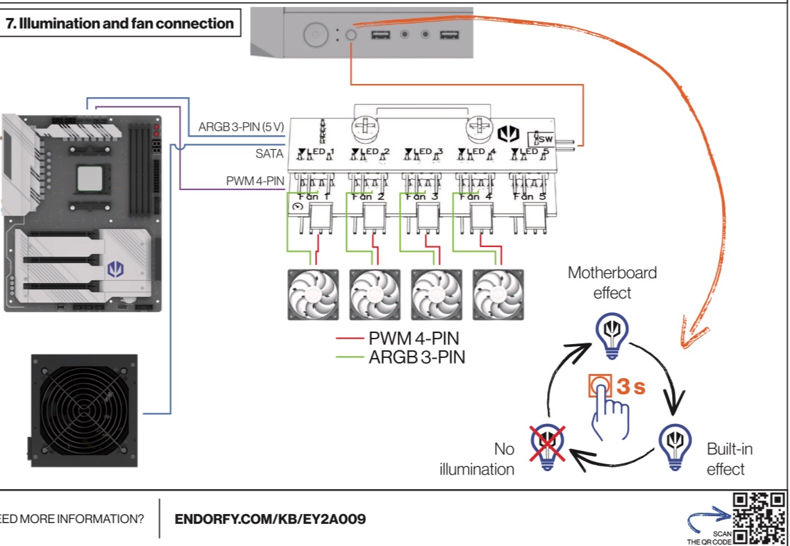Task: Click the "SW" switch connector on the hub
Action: click(x=545, y=139)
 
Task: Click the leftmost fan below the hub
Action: click(x=313, y=294)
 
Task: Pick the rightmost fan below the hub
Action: click(x=498, y=294)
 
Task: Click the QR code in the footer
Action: click(x=759, y=518)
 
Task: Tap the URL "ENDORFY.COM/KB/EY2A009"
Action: click(x=270, y=519)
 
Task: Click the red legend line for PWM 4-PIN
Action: click(x=348, y=339)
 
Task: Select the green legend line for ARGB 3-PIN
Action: click(x=348, y=358)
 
